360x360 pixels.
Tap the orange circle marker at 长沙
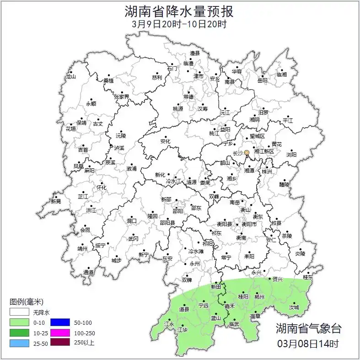pyautogui.click(x=247, y=152)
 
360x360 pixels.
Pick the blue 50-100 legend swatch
pyautogui.click(x=59, y=322)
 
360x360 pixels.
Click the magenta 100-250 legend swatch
pyautogui.click(x=59, y=333)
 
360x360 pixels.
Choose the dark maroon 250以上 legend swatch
pyautogui.click(x=59, y=343)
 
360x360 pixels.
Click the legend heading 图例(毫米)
pyautogui.click(x=27, y=301)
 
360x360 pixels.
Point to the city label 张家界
pyautogui.click(x=122, y=97)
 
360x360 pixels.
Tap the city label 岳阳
pyautogui.click(x=262, y=81)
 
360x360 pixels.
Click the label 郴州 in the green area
pyautogui.click(x=260, y=297)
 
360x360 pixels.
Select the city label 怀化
pyautogui.click(x=101, y=188)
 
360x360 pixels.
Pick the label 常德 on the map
pyautogui.click(x=188, y=97)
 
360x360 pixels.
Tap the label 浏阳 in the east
pyautogui.click(x=291, y=155)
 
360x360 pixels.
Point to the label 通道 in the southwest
pyautogui.click(x=88, y=273)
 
